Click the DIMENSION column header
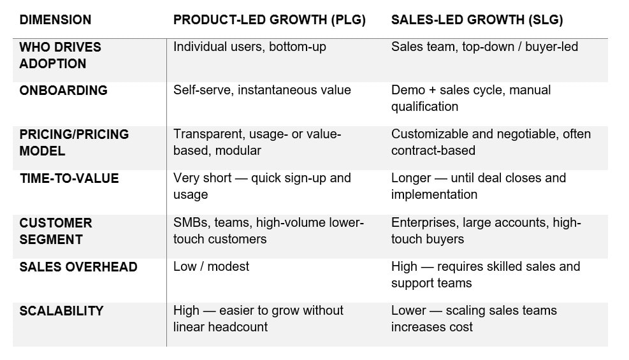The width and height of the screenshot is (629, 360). point(55,20)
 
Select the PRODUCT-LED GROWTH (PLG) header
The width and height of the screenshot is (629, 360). point(269,20)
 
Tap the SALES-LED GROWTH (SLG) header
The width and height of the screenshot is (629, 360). point(477,20)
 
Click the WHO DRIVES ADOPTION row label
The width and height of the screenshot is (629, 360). point(60,55)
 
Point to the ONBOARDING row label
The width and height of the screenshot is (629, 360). point(63,90)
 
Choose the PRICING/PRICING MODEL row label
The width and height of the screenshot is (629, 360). point(74,143)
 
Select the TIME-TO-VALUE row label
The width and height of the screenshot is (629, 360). point(69,178)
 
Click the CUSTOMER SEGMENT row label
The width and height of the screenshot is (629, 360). point(55,231)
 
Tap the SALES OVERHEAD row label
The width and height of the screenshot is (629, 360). point(78,266)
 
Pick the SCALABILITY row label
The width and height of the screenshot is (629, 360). point(61,311)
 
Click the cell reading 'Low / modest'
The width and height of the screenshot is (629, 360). point(211,266)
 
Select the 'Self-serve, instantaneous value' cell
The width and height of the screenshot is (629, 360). point(262,90)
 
